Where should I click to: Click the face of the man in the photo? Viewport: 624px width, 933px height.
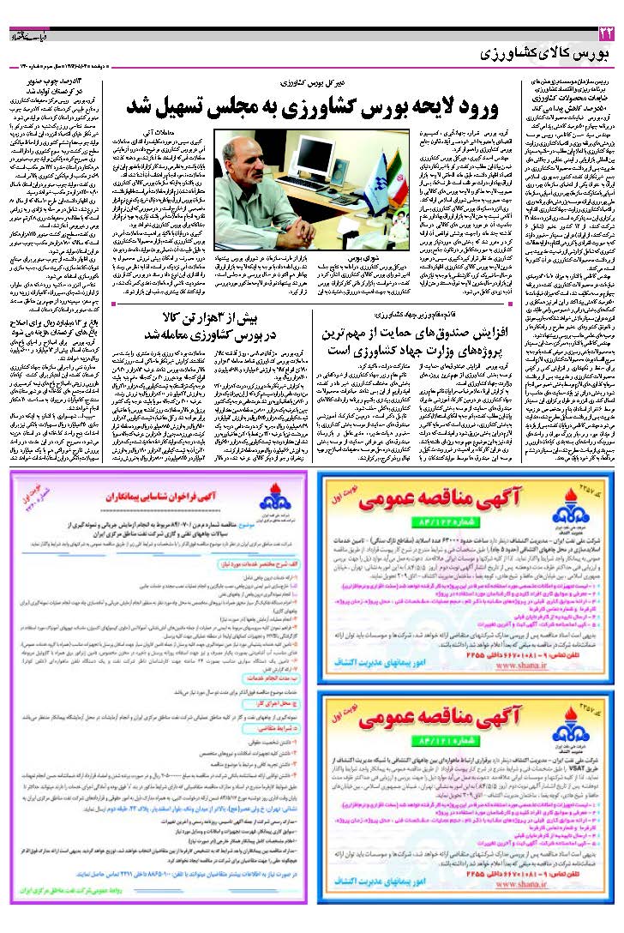(259, 170)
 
